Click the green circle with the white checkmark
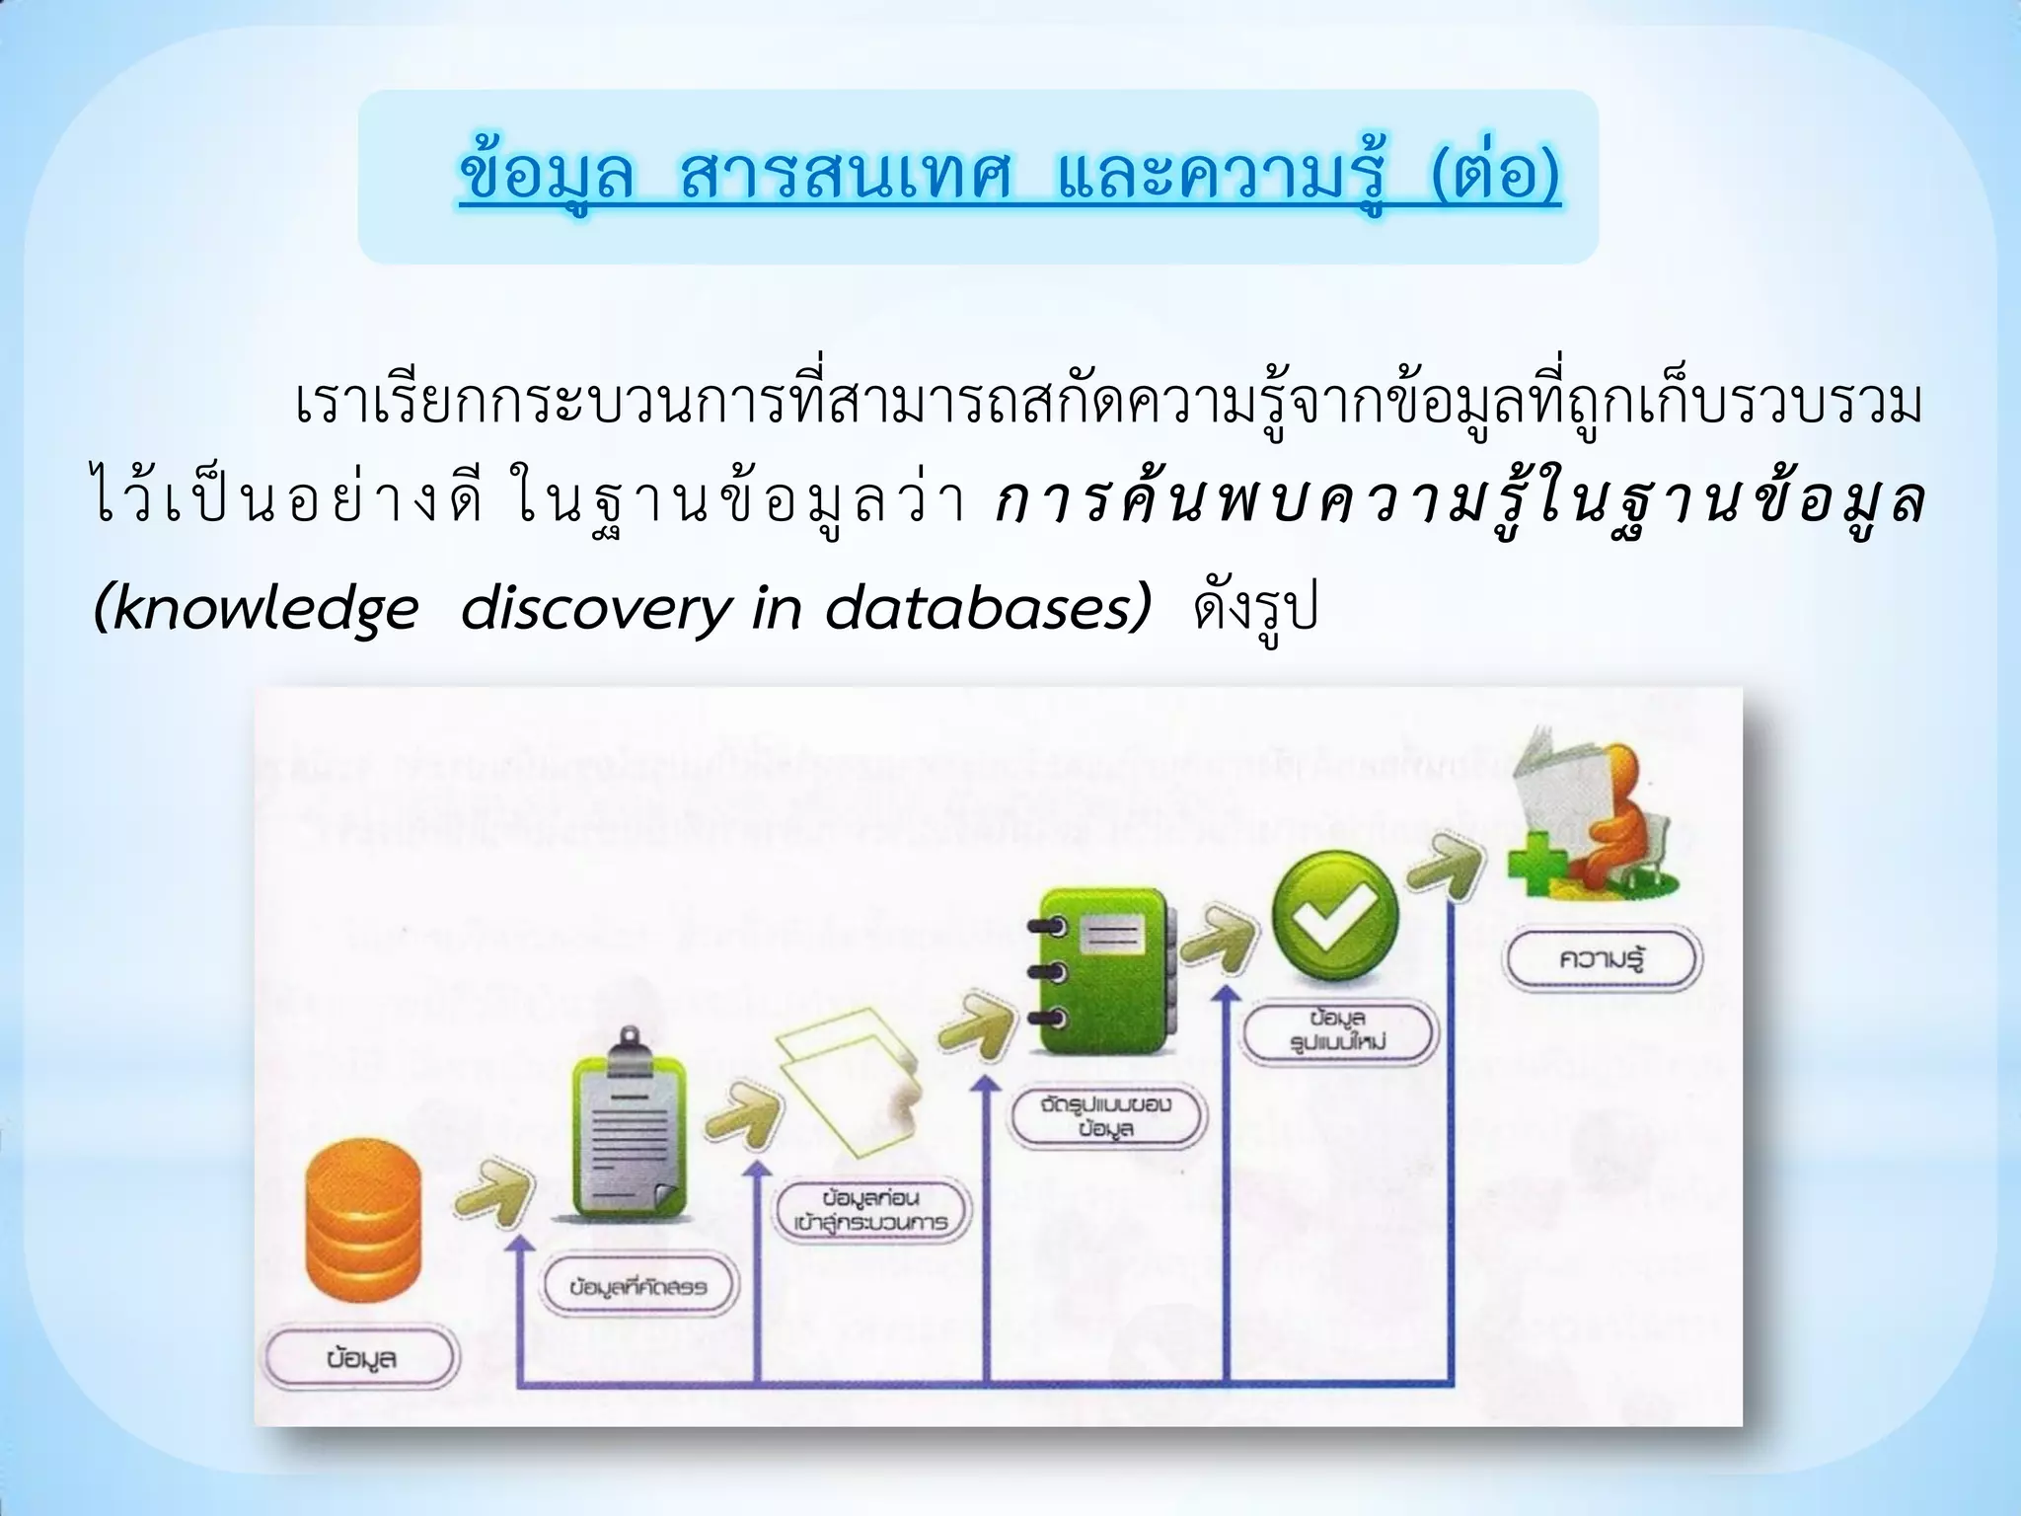click(1335, 913)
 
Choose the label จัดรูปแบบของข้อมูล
click(1106, 1116)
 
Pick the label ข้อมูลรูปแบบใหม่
click(1338, 1029)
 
